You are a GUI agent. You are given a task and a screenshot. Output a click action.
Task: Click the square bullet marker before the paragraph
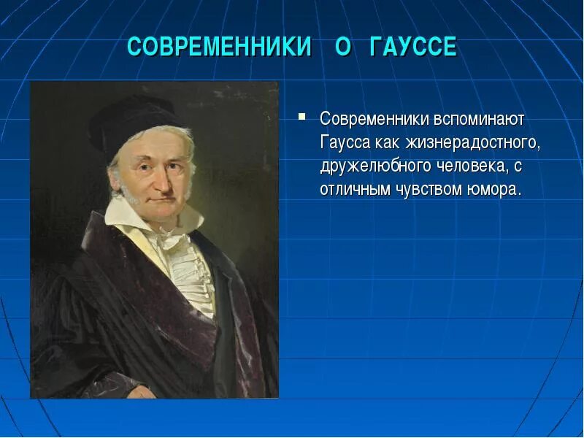pos(301,116)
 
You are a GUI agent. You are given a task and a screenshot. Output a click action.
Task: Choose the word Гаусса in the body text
pos(345,142)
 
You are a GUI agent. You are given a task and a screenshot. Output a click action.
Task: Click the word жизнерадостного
pos(476,142)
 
